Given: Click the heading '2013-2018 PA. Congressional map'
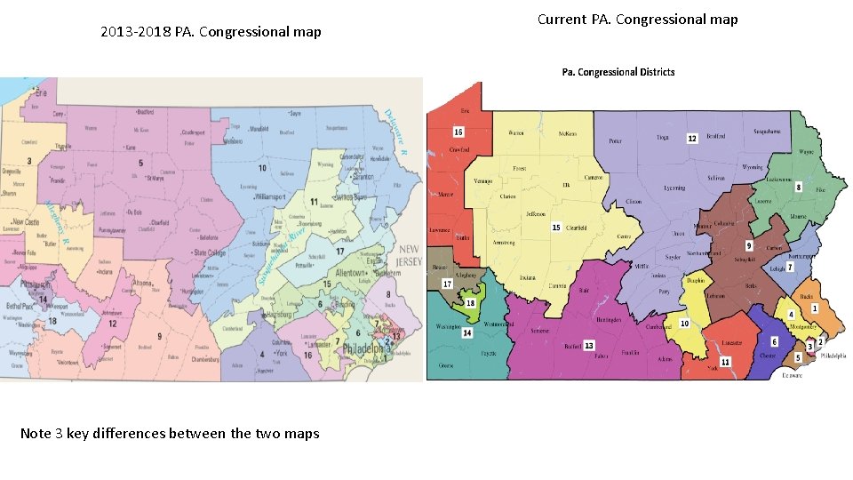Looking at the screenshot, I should (x=211, y=32).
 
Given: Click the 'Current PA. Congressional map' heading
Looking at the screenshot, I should (x=637, y=19).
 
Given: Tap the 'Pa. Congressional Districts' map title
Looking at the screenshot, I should (x=618, y=72).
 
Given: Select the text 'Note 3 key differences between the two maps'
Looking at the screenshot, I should (x=170, y=433).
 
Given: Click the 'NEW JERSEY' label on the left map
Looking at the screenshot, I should (x=409, y=256).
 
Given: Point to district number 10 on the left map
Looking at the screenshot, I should (x=261, y=167).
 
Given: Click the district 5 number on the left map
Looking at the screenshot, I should (x=140, y=163).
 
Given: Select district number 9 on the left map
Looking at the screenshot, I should (x=159, y=335).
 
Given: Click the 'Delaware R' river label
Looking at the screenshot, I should (x=395, y=132).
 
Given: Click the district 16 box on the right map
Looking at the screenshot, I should (x=458, y=132).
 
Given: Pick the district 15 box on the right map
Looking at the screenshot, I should (x=556, y=227).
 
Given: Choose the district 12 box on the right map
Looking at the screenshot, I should (x=691, y=139).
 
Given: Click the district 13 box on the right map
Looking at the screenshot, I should (x=588, y=345).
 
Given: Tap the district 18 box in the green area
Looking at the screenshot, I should (x=471, y=302).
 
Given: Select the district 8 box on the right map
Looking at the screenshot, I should (x=798, y=188).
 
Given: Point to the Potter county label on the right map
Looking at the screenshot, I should (x=614, y=141).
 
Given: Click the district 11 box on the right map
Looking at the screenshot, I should (x=725, y=362).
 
